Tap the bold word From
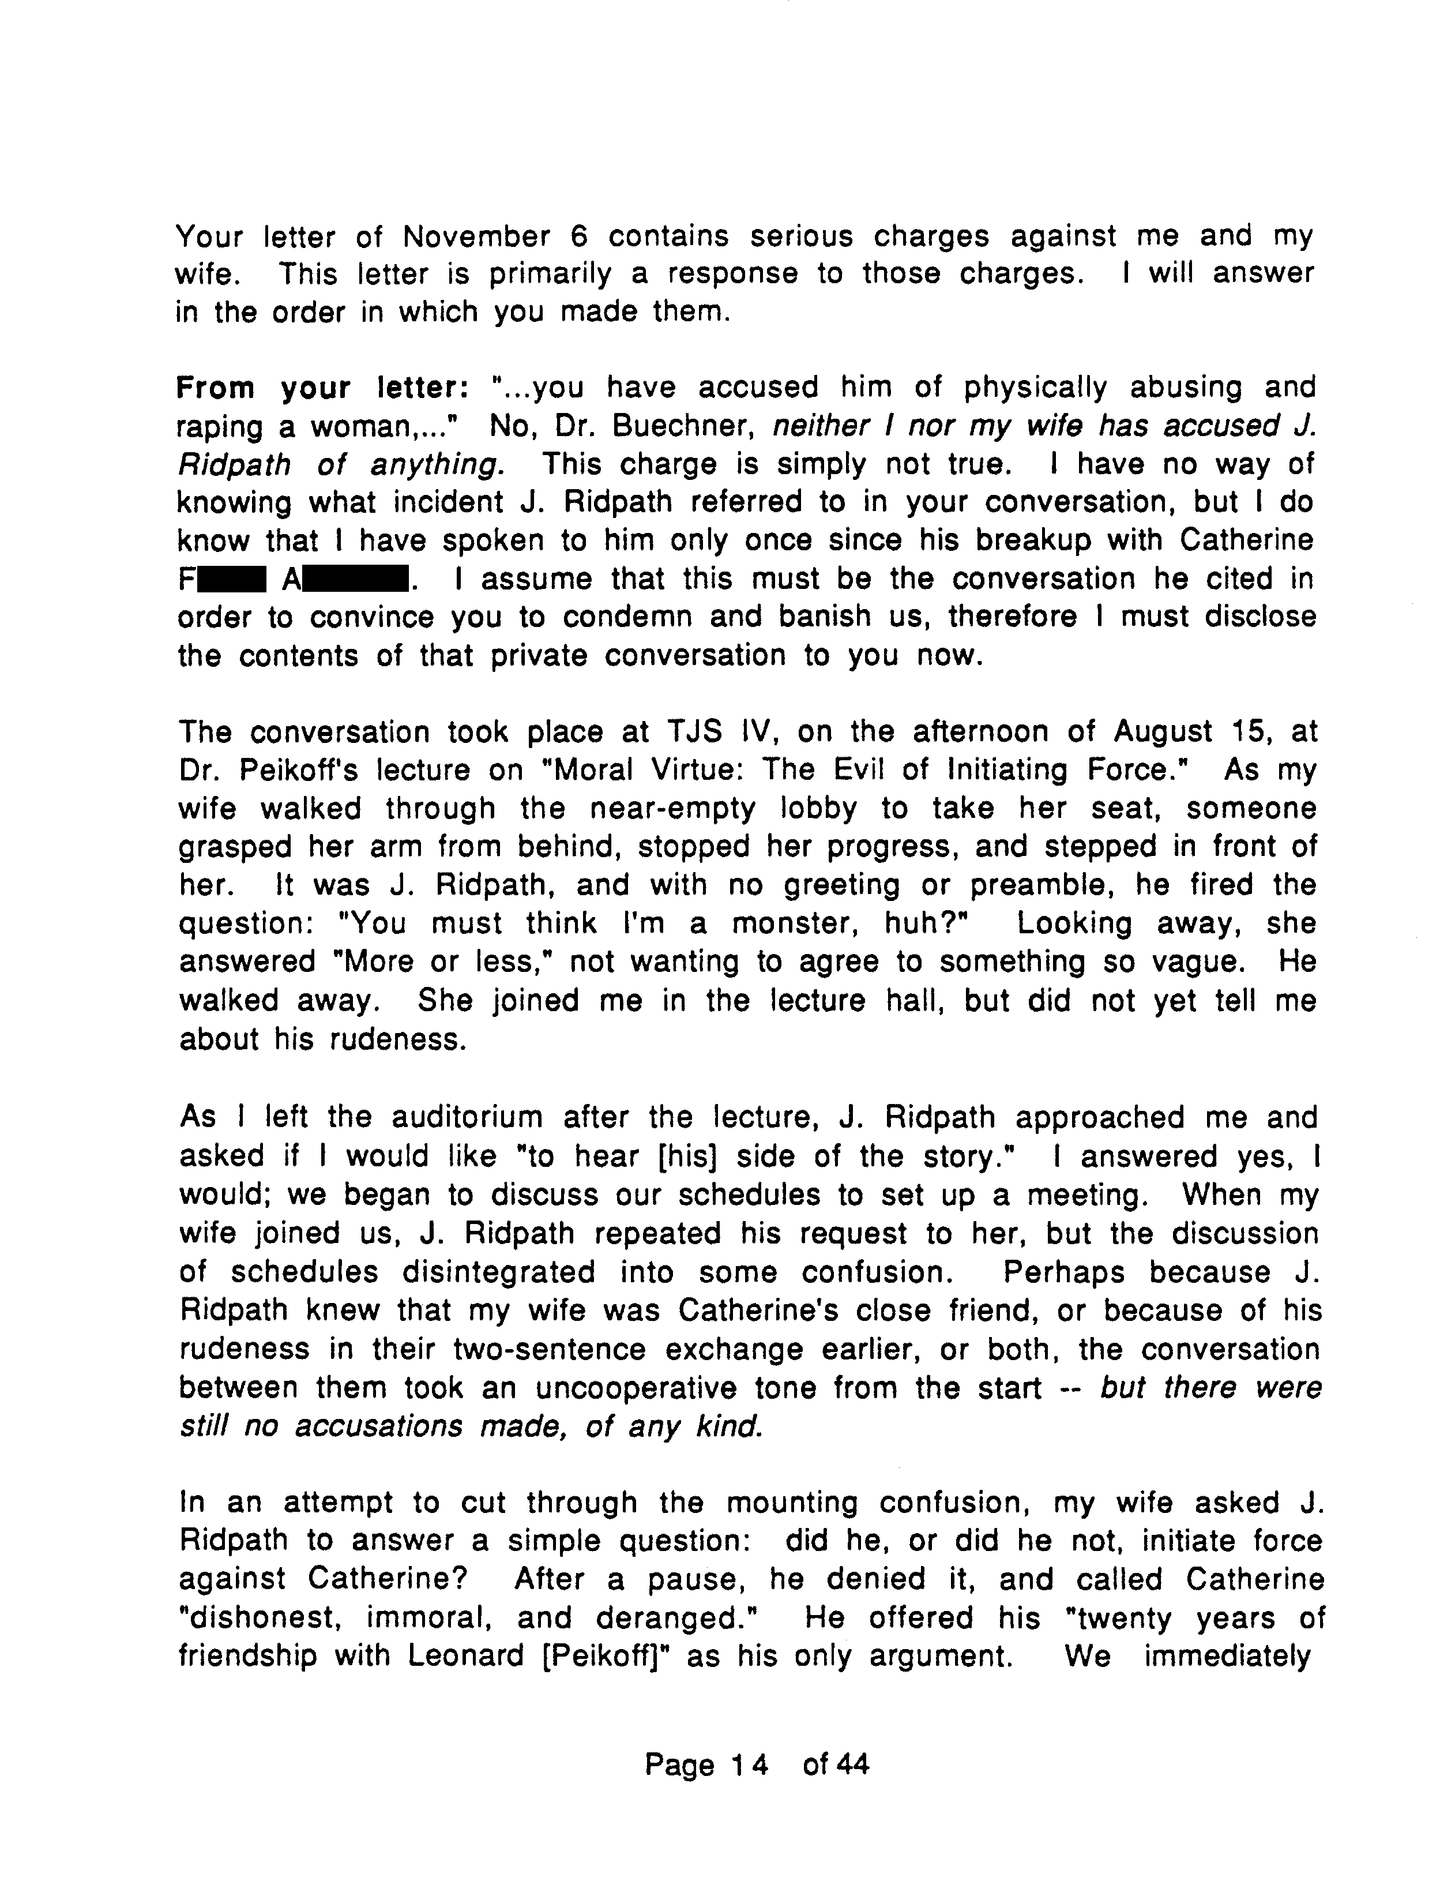point(215,388)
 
